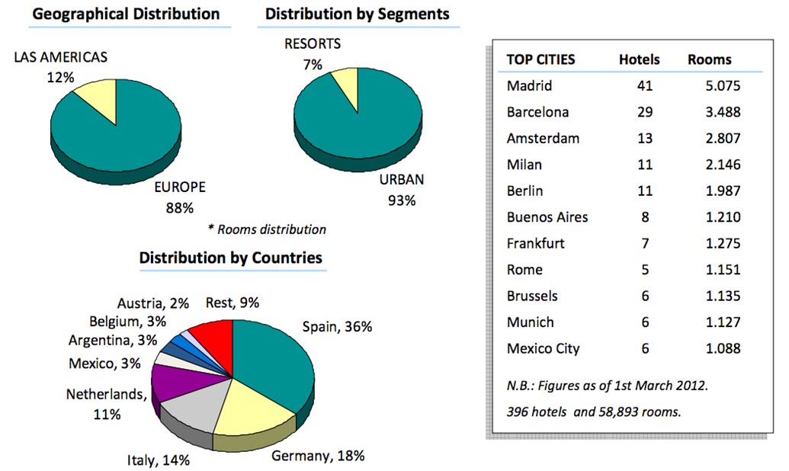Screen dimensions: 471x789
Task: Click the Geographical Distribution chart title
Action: point(127,14)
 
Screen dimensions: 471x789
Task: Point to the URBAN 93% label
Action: point(401,190)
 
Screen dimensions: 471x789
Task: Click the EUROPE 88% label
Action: point(180,197)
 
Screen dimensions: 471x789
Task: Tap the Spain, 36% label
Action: point(337,327)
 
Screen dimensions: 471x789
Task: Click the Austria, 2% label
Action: point(153,303)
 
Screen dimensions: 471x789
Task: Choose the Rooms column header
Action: point(709,59)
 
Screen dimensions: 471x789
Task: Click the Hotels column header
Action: point(639,59)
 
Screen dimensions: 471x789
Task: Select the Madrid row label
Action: point(529,85)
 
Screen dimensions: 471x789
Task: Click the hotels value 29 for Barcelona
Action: point(645,112)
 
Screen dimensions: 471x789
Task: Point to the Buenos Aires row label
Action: point(547,217)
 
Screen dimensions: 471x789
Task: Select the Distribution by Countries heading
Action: point(230,258)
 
